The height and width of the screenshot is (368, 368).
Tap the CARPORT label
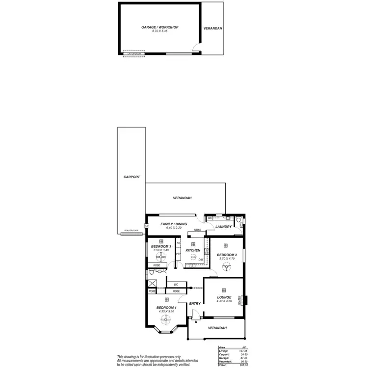[x=131, y=177]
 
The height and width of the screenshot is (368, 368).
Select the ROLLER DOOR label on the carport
[x=131, y=231]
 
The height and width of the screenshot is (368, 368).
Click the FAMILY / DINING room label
[x=167, y=224]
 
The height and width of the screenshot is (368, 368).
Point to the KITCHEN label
[x=193, y=251]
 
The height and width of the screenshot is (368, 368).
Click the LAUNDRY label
[x=223, y=227]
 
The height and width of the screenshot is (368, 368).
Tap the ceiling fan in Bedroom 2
[x=226, y=266]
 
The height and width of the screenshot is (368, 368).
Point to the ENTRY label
[x=195, y=304]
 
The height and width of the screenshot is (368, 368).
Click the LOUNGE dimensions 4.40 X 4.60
[x=224, y=302]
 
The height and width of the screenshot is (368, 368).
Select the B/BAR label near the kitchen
[x=197, y=230]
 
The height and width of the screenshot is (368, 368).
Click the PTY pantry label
[x=178, y=254]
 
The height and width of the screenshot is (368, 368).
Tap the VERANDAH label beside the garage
[x=212, y=28]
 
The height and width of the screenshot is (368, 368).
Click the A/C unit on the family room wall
[x=146, y=225]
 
